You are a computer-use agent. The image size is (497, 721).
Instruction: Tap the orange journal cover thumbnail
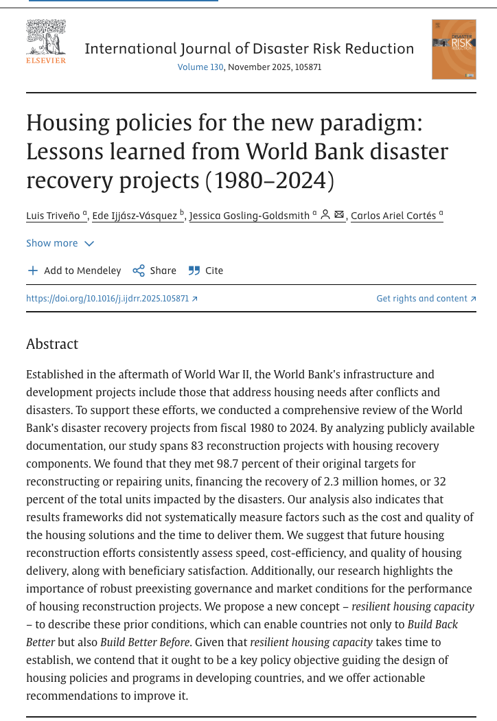click(x=454, y=49)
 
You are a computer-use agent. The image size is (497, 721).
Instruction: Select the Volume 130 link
click(x=200, y=67)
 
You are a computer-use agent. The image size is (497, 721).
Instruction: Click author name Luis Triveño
click(x=54, y=216)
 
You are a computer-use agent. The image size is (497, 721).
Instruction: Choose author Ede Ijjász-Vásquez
click(x=135, y=216)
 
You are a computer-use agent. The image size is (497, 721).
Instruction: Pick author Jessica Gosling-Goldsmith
click(x=249, y=216)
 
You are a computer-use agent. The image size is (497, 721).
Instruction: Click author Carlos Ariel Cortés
click(x=394, y=216)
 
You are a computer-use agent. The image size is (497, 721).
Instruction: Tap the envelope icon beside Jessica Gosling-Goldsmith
click(x=339, y=215)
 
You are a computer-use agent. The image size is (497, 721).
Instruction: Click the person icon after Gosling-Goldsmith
click(x=326, y=215)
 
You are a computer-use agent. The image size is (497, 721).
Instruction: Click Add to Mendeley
click(x=74, y=271)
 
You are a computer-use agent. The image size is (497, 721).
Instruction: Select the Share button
click(x=154, y=271)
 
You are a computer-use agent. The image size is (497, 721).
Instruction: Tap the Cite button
click(x=206, y=271)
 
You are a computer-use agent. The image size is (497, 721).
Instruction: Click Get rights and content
click(x=426, y=299)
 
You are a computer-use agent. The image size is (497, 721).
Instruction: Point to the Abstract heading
click(x=52, y=344)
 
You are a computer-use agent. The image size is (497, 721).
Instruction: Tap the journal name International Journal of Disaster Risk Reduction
click(x=249, y=49)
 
